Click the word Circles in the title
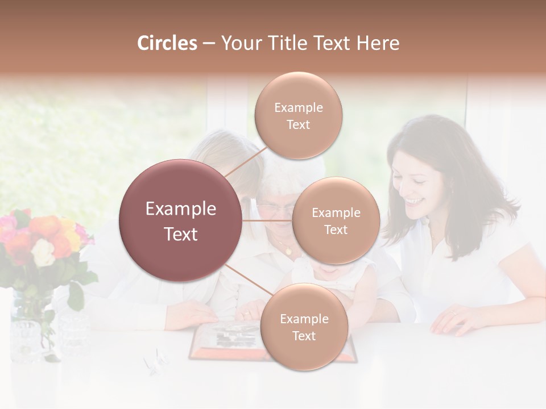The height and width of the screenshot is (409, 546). tap(167, 43)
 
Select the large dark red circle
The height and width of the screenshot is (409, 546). tap(181, 220)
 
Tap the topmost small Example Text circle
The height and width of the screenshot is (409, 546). tap(298, 115)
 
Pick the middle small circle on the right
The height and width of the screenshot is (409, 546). tap(336, 220)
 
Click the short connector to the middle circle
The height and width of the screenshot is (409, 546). tap(267, 220)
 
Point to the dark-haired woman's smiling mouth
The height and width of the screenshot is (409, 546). tap(415, 202)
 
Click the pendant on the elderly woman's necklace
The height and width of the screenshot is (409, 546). tap(288, 251)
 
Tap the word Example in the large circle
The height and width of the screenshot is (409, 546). tap(181, 209)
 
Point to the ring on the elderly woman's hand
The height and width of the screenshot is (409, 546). tap(246, 314)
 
